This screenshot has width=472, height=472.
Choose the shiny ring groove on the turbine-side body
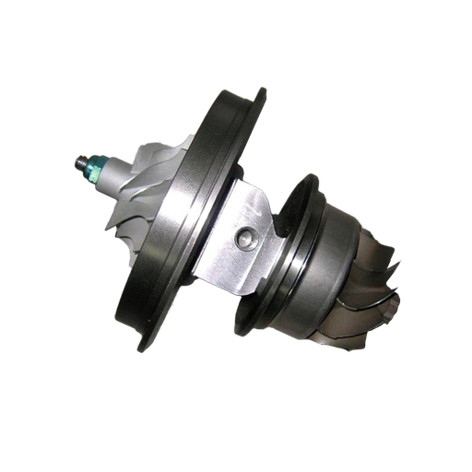point(304,267)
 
